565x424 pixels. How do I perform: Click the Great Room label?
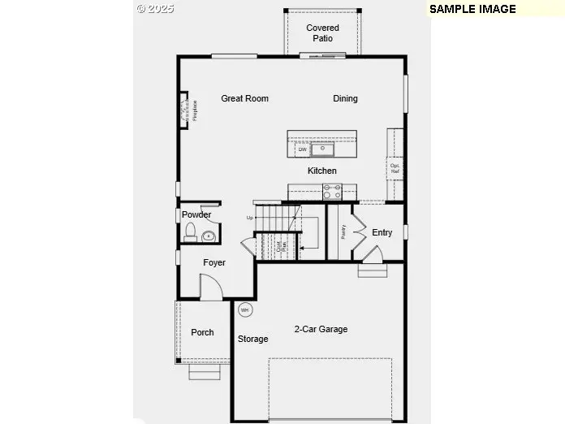click(x=244, y=99)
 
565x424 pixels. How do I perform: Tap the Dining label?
click(x=345, y=99)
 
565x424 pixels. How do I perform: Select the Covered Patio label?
click(x=322, y=33)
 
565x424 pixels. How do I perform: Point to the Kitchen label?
click(x=321, y=171)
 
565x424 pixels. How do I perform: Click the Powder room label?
click(x=196, y=214)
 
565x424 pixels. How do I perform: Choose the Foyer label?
click(x=214, y=263)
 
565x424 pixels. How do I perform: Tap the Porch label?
click(x=202, y=332)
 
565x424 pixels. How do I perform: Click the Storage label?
click(x=252, y=339)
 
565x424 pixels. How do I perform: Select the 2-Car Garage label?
click(x=321, y=329)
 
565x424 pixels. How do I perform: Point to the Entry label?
click(x=382, y=232)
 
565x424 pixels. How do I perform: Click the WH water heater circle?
click(x=245, y=309)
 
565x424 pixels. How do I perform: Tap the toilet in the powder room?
click(x=192, y=235)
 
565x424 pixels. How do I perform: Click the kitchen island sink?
click(x=322, y=149)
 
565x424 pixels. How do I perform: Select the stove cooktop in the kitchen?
click(x=332, y=192)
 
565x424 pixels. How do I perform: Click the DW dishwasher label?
click(x=302, y=149)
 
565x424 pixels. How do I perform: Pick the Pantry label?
click(x=344, y=231)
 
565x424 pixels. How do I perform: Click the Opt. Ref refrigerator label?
click(x=395, y=169)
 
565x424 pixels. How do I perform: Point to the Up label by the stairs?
click(x=250, y=218)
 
